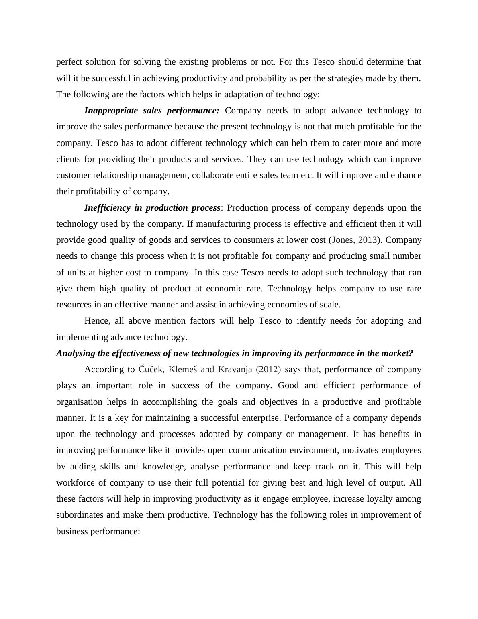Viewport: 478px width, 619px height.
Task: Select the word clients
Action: click(x=67, y=159)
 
